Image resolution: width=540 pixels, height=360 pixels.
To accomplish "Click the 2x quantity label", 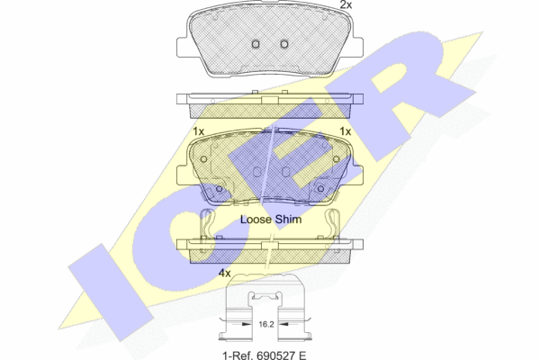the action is coord(346,4).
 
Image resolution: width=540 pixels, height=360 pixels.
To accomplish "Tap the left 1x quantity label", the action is coord(198,131).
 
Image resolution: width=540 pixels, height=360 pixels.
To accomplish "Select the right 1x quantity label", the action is coord(345,131).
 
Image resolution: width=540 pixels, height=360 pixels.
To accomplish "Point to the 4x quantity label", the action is coord(224,274).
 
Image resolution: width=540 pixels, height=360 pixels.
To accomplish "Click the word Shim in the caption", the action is coord(288,220).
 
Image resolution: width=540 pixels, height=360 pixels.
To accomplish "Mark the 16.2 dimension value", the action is coord(265,324).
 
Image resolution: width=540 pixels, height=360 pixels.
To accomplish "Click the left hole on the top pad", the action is coord(256,44).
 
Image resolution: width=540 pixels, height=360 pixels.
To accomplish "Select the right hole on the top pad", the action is coord(284,44).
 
